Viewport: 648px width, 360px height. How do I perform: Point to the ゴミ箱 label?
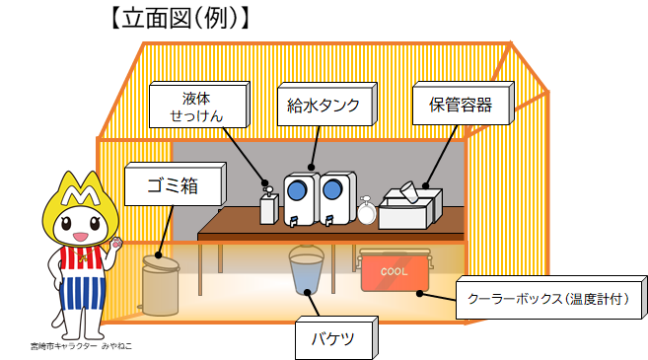coord(174,182)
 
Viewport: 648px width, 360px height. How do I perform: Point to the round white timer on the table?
coord(368,210)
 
